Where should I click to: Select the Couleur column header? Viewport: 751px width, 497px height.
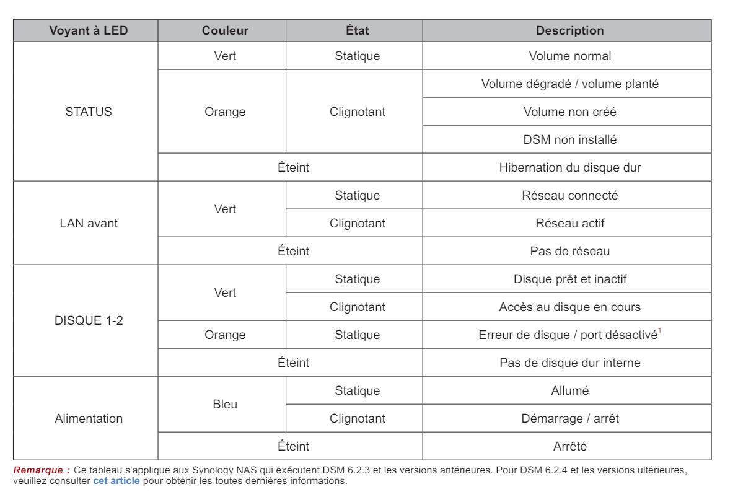click(x=225, y=30)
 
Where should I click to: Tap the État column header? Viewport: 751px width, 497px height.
click(x=357, y=30)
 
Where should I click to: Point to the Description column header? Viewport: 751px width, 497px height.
click(x=569, y=30)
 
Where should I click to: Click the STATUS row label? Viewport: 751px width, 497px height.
click(x=89, y=112)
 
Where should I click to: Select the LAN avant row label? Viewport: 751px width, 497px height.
click(x=89, y=223)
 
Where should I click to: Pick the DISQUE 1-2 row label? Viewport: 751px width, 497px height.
click(x=89, y=321)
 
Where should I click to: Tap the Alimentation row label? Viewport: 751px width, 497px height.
click(x=89, y=418)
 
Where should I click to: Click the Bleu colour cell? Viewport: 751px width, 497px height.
click(x=225, y=405)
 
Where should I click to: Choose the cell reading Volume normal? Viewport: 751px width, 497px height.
click(x=569, y=56)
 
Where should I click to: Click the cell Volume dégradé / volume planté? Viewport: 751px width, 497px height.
click(x=569, y=84)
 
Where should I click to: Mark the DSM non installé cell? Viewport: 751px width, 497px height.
click(x=569, y=139)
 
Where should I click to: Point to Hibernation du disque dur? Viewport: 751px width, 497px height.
click(x=569, y=167)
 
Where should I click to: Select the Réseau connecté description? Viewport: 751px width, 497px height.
click(x=569, y=195)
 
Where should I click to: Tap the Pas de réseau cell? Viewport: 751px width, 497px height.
click(x=569, y=251)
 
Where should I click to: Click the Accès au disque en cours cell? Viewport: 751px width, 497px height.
click(x=569, y=307)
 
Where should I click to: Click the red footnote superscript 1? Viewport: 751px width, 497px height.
click(x=660, y=332)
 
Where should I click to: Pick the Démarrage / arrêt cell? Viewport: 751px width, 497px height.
click(x=569, y=418)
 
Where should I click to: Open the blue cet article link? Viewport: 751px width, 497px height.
click(x=116, y=481)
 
